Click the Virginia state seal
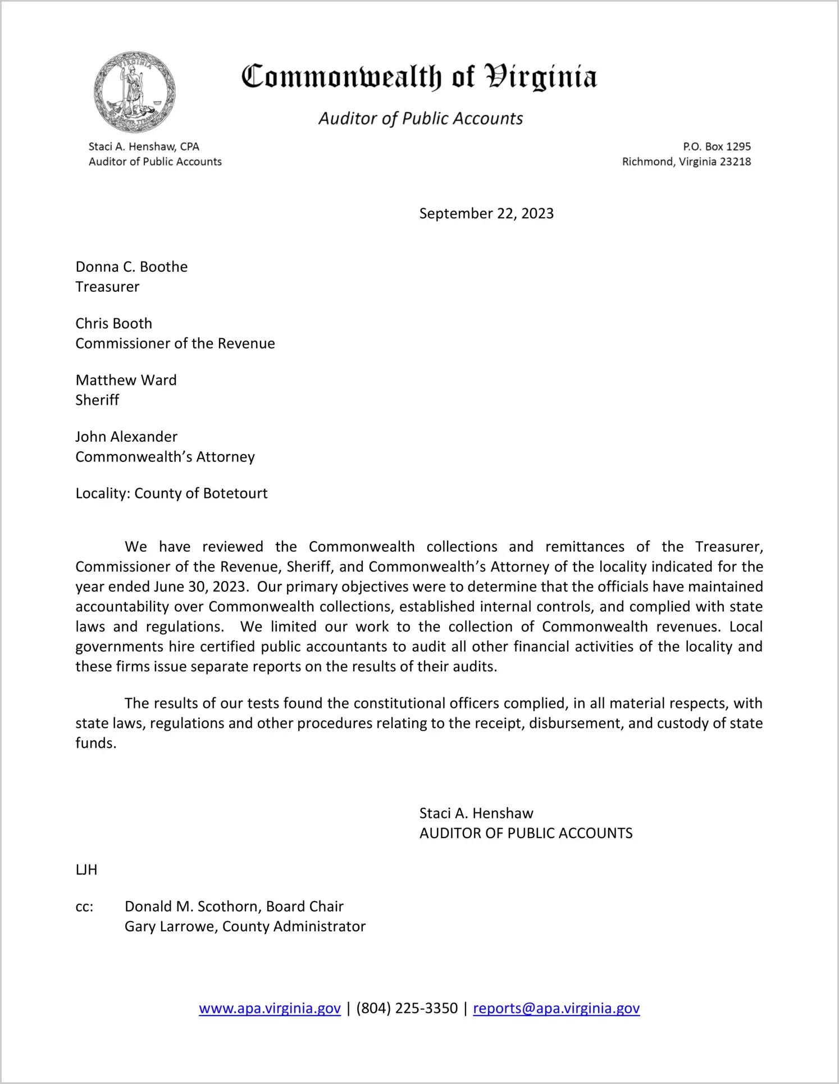pyautogui.click(x=134, y=92)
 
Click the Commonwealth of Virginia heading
pyautogui.click(x=419, y=77)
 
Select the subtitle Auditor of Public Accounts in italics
pyautogui.click(x=421, y=118)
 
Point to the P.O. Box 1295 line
pyautogui.click(x=717, y=147)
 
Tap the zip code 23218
pyautogui.click(x=735, y=162)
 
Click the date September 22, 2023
pyautogui.click(x=486, y=213)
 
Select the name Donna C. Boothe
pyautogui.click(x=131, y=267)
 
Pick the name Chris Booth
pyautogui.click(x=114, y=323)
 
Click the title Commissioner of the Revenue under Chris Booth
pyautogui.click(x=175, y=344)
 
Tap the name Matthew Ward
pyautogui.click(x=126, y=380)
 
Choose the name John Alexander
pyautogui.click(x=126, y=437)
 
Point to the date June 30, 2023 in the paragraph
pyautogui.click(x=200, y=587)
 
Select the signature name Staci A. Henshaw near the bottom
pyautogui.click(x=476, y=813)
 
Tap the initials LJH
pyautogui.click(x=86, y=870)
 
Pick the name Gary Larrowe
pyautogui.click(x=170, y=926)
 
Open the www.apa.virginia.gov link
pyautogui.click(x=270, y=1008)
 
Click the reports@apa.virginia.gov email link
pyautogui.click(x=556, y=1008)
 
